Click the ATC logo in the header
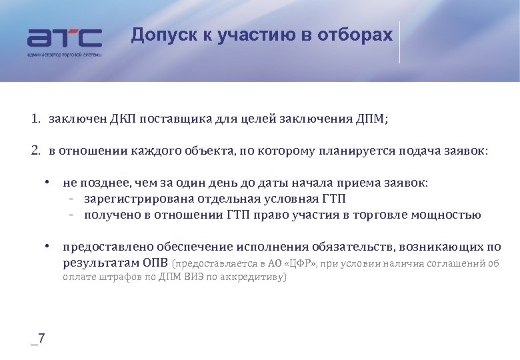(x=65, y=39)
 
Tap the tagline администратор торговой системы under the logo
(x=65, y=55)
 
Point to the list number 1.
(x=34, y=120)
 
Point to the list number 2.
(x=34, y=151)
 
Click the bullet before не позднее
(x=48, y=182)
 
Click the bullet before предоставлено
(x=48, y=247)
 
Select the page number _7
(x=38, y=339)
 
